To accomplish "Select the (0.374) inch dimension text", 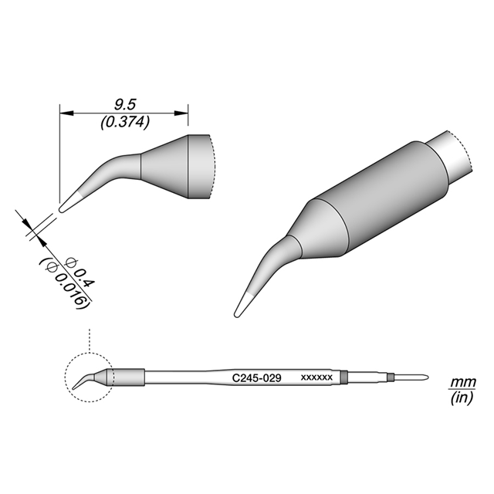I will click(x=125, y=122).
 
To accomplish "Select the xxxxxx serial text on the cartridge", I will click(x=316, y=377).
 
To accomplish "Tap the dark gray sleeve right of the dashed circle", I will click(x=130, y=377).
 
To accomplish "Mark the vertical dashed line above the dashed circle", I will click(x=90, y=340).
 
